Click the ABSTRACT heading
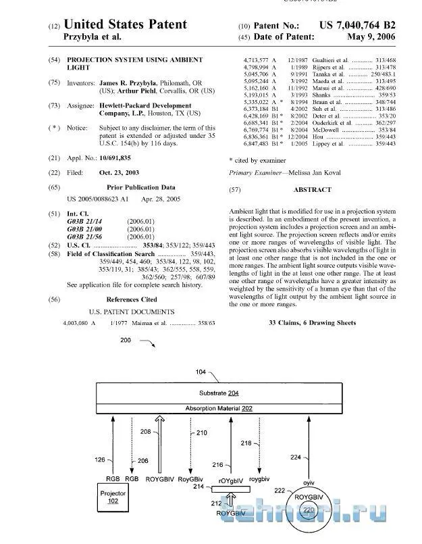313,190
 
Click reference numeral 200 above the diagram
126,341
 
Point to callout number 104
201,372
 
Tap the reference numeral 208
146,430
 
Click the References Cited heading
132,299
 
